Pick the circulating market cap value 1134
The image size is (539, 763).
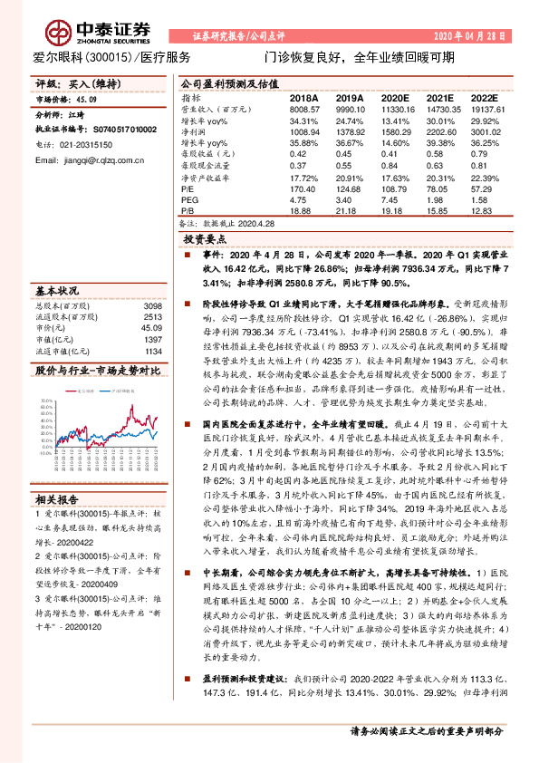click(151, 350)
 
